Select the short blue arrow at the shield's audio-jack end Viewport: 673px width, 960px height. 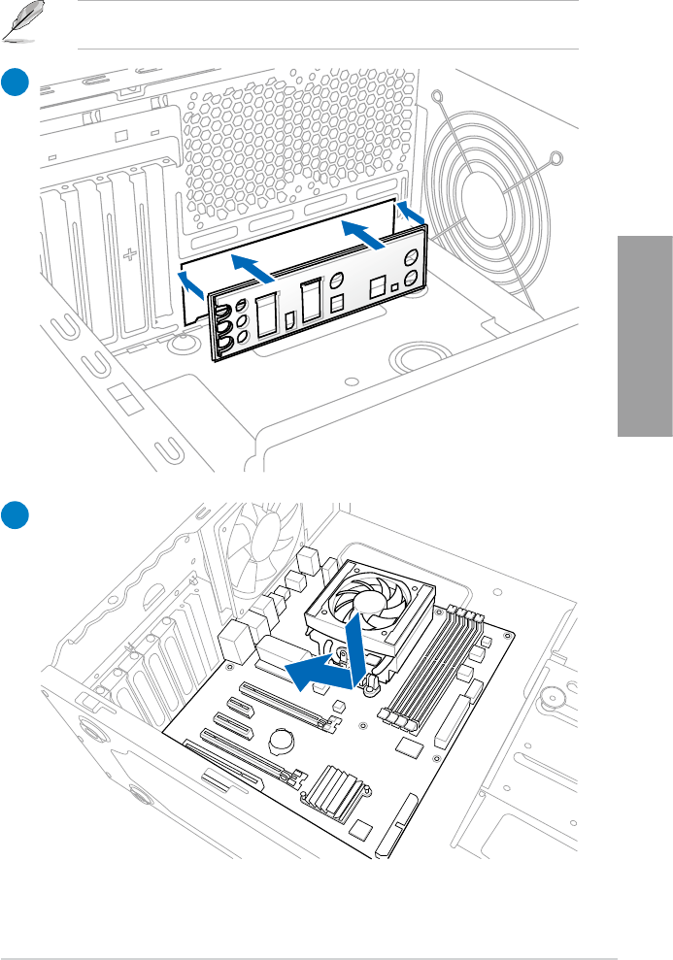click(192, 282)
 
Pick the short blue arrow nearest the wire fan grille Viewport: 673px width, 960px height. click(411, 213)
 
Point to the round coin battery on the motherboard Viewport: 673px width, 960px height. click(282, 740)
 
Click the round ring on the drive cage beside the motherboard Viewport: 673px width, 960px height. click(555, 696)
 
